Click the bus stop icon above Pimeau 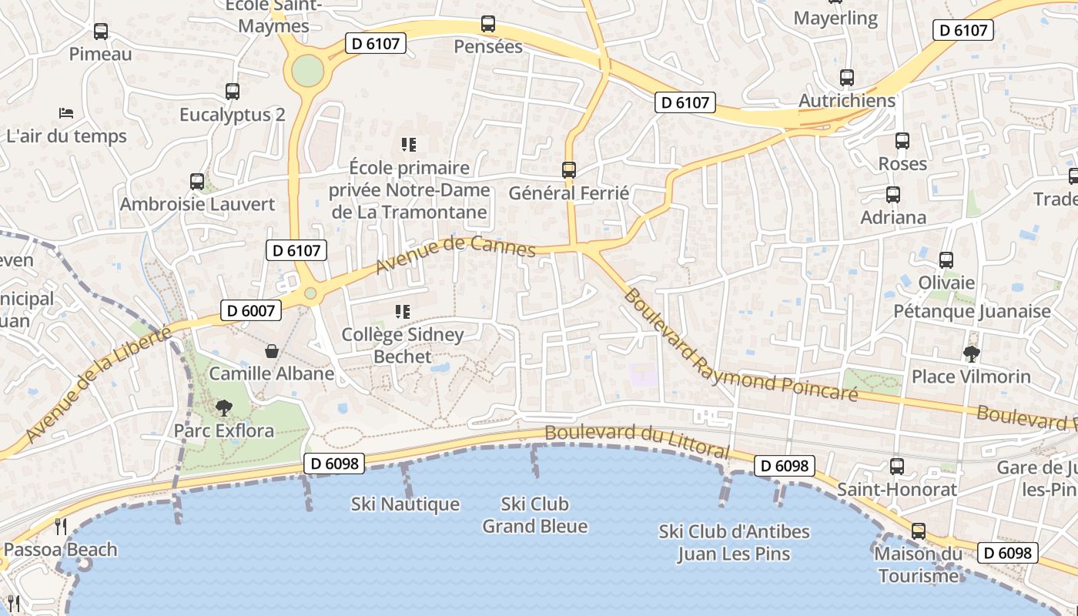tap(101, 32)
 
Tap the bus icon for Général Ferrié tap(569, 170)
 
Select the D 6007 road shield tap(251, 310)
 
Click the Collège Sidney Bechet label tap(403, 346)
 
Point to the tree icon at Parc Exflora tap(224, 407)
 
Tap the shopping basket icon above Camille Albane tap(272, 351)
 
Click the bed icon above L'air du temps tap(66, 113)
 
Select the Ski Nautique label tap(405, 504)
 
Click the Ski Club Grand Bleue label tap(534, 515)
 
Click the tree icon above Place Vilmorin tap(971, 353)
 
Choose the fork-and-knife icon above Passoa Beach tap(60, 527)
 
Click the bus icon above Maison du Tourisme tap(918, 531)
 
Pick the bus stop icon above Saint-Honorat tap(897, 467)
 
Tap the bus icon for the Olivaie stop tap(946, 260)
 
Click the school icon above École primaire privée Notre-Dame tap(408, 145)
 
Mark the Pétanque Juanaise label tap(972, 311)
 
